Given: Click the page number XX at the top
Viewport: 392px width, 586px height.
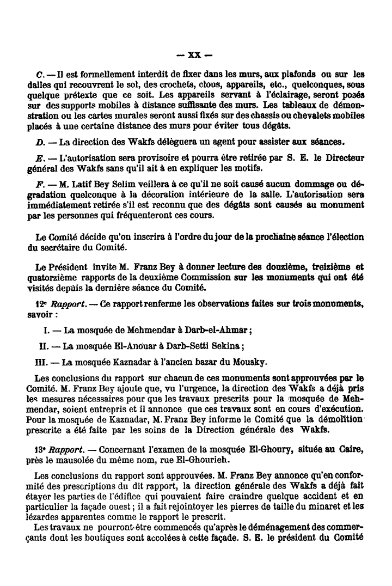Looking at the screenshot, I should (196, 54).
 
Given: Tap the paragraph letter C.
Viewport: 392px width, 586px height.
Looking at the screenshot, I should (38, 74).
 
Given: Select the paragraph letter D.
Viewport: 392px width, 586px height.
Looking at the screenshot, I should (38, 143).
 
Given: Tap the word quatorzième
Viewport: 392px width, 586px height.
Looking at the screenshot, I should (52, 276).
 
